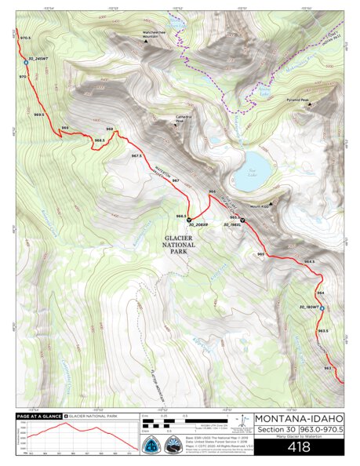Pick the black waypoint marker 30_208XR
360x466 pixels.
(189, 220)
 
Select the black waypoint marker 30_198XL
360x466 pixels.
(242, 220)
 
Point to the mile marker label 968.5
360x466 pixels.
(99, 140)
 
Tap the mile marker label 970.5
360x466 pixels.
(24, 38)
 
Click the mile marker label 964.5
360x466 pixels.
(309, 261)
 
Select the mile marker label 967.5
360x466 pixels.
(136, 156)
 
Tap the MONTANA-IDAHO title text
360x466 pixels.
(299, 418)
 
